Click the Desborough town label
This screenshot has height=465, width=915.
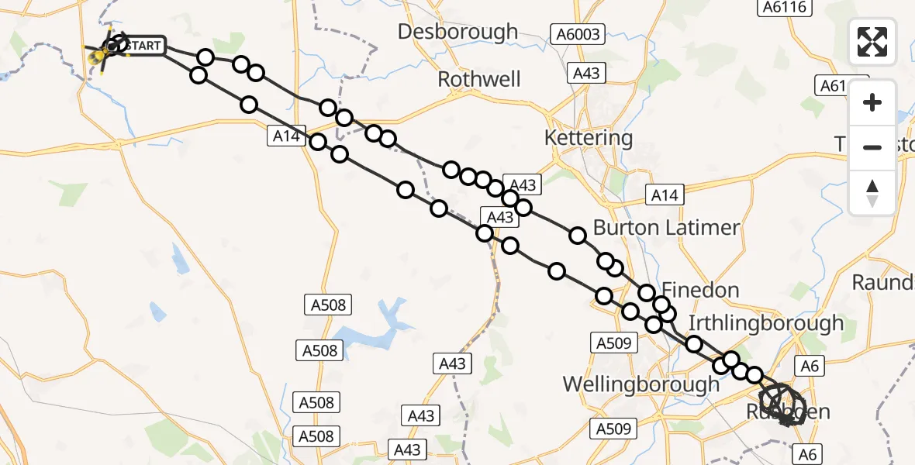[x=457, y=32]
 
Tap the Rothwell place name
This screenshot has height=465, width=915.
[x=479, y=79]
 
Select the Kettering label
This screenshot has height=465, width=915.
[x=589, y=139]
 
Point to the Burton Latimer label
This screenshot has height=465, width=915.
[x=666, y=228]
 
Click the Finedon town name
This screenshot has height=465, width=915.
[x=699, y=291]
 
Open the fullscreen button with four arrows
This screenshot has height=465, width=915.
[x=872, y=42]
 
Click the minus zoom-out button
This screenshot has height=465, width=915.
[x=872, y=147]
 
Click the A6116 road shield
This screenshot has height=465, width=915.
[x=785, y=7]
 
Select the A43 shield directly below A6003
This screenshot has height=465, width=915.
[x=586, y=73]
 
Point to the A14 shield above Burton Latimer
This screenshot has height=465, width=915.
[x=665, y=195]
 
